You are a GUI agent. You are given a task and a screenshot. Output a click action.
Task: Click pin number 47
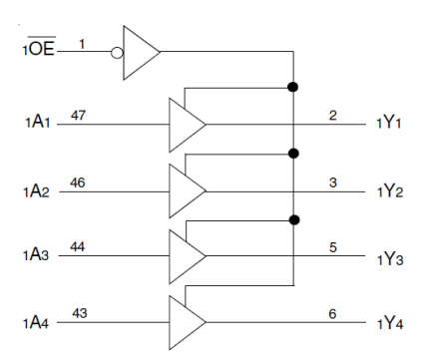pyautogui.click(x=78, y=117)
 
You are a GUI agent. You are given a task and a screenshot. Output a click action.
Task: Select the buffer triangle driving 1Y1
pyautogui.click(x=186, y=125)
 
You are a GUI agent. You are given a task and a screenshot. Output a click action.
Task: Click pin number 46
pyautogui.click(x=78, y=182)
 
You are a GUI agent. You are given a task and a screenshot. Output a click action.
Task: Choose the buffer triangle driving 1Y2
pyautogui.click(x=186, y=190)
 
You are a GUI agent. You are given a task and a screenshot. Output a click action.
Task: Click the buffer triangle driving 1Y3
pyautogui.click(x=186, y=256)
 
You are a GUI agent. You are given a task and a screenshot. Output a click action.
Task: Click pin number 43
pyautogui.click(x=78, y=314)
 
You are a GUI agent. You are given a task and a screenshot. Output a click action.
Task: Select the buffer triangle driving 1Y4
pyautogui.click(x=186, y=322)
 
